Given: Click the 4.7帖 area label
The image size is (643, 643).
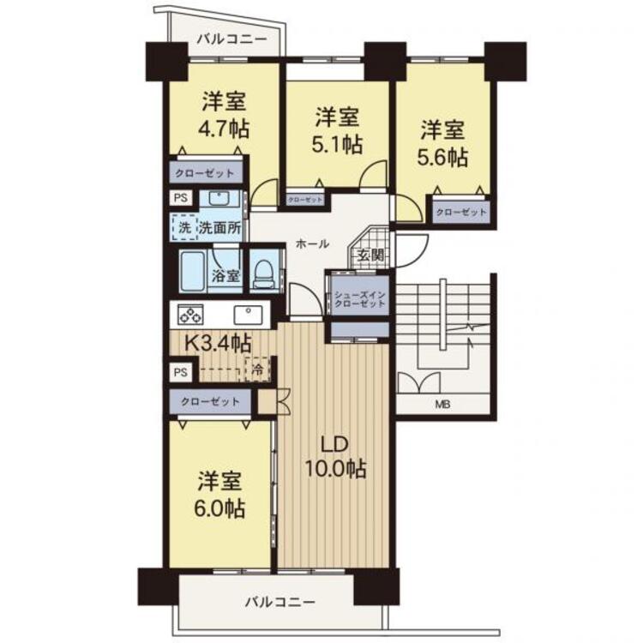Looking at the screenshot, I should click(225, 131).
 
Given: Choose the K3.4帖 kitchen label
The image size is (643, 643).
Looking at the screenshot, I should click(219, 344).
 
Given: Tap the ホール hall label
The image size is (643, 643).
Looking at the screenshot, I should click(312, 244).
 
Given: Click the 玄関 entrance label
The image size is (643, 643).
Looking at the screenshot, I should click(370, 255).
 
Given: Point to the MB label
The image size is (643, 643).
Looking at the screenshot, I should click(444, 406).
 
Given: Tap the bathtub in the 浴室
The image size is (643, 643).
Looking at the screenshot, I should click(195, 271).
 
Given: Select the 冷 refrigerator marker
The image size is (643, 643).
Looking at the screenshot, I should click(255, 370).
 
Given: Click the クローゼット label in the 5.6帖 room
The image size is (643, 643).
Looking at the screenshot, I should click(461, 212).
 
